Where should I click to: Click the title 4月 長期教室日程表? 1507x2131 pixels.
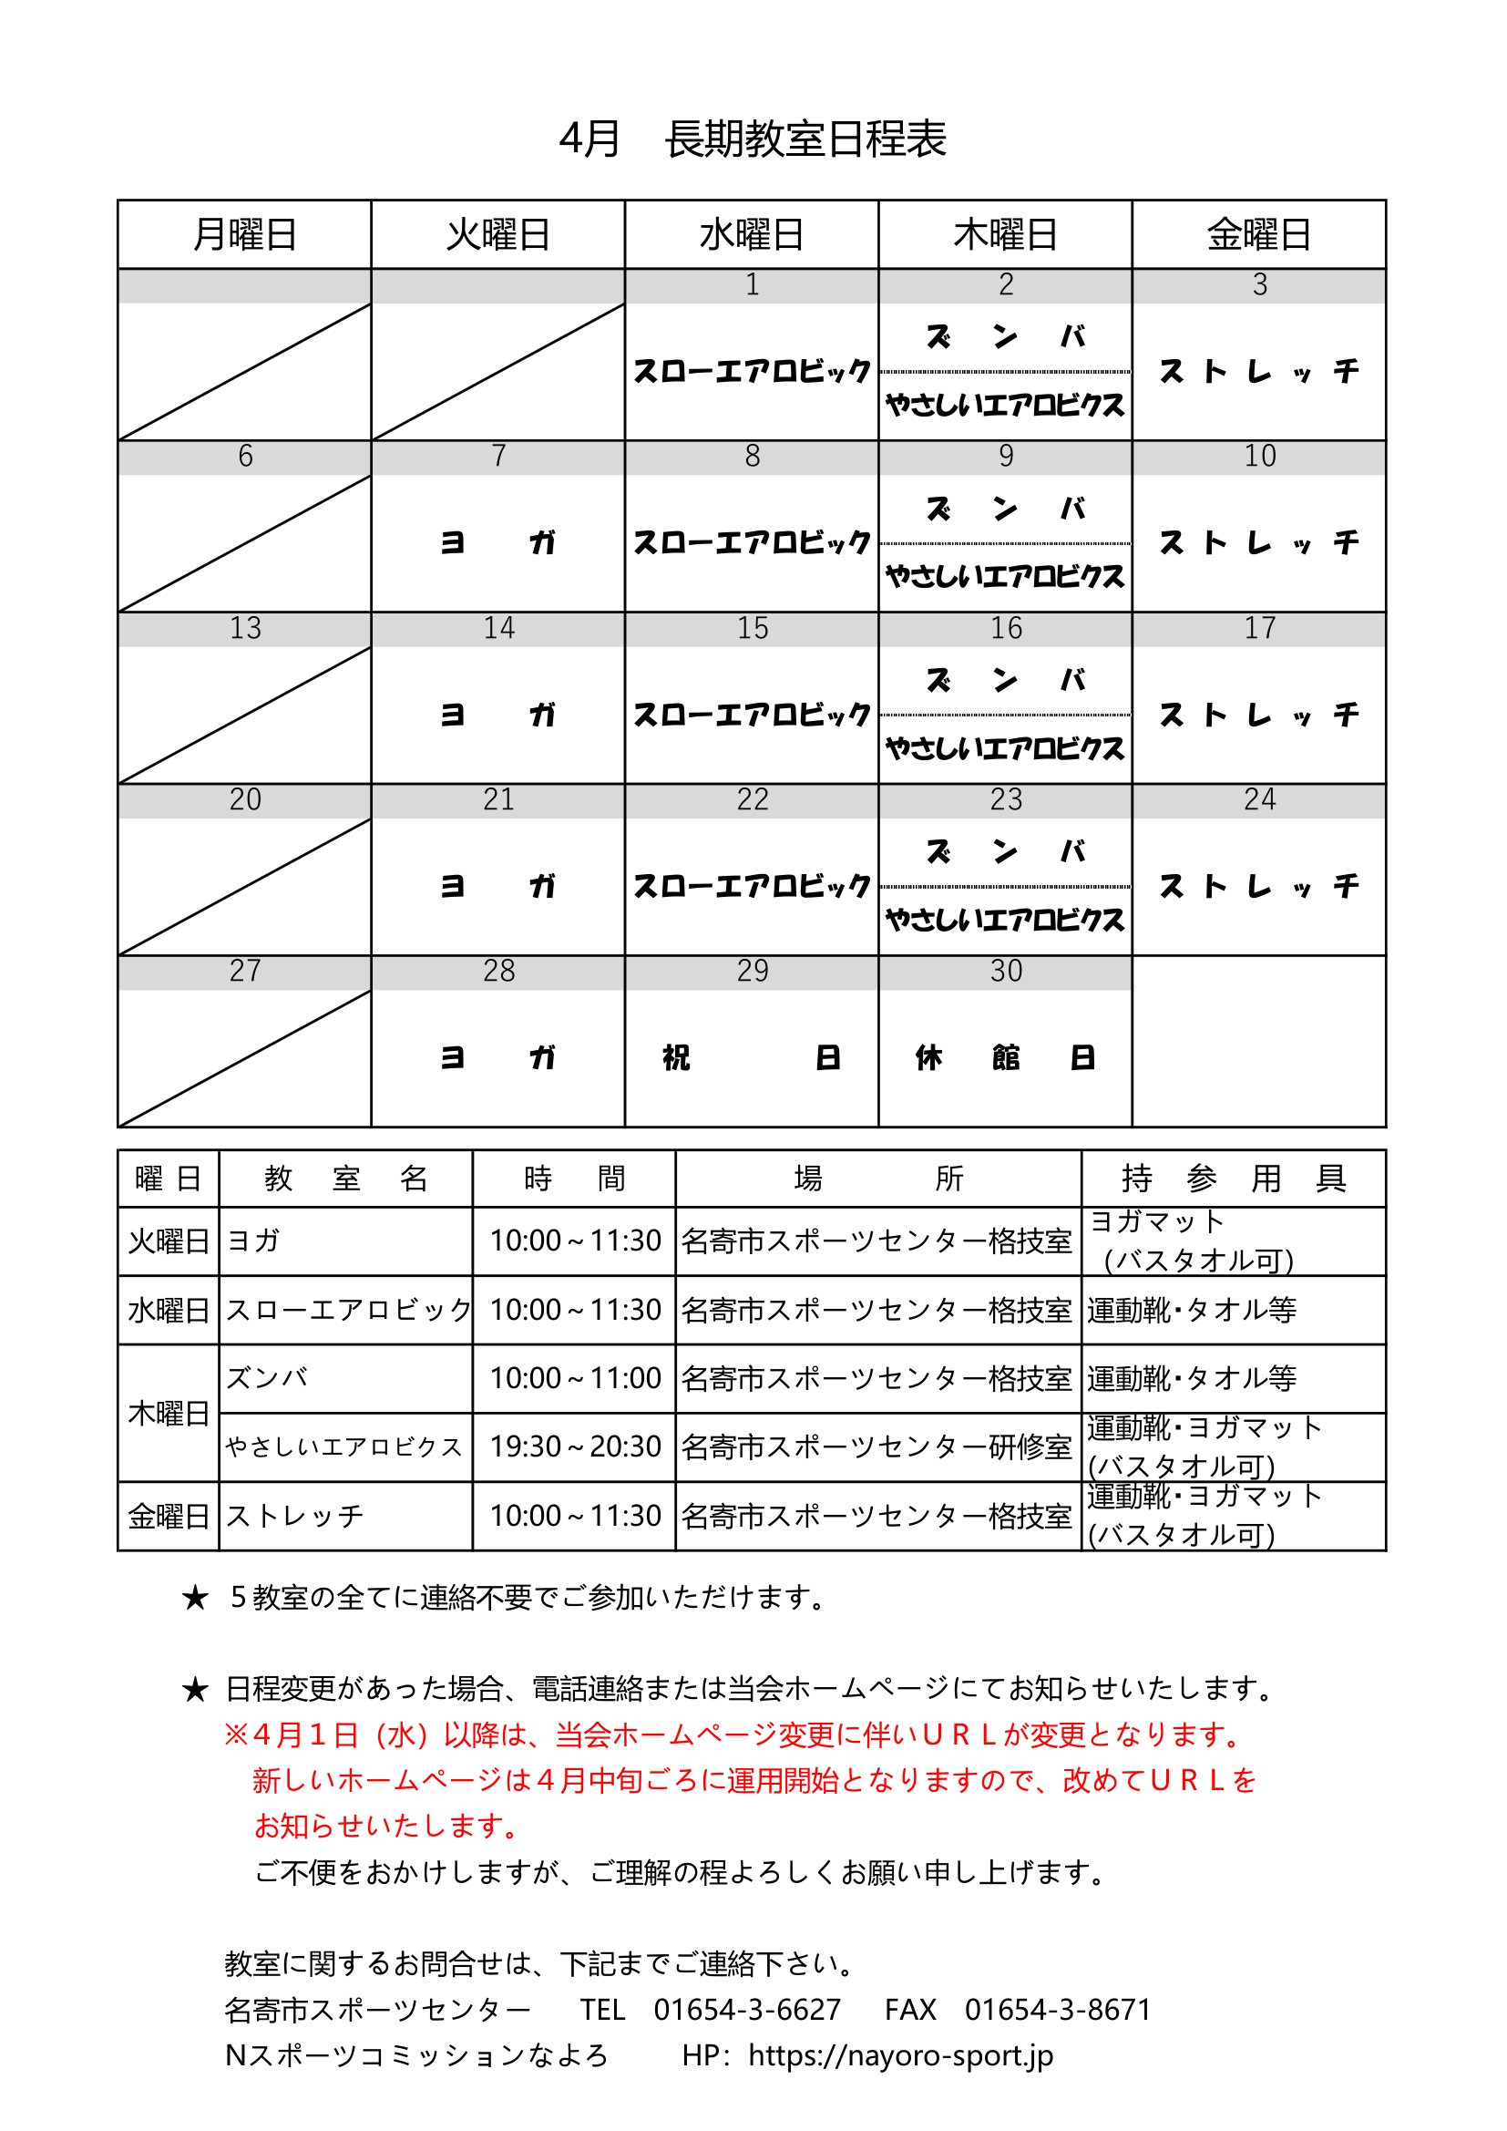tap(753, 139)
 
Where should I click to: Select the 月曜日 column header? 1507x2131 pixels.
tap(244, 235)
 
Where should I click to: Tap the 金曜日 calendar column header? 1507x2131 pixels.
tap(1258, 235)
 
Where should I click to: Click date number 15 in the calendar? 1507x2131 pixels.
tap(752, 628)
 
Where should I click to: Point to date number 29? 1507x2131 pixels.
tap(752, 971)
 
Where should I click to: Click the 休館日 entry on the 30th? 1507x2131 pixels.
tap(1005, 1057)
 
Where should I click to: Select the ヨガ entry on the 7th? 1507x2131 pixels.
tap(497, 542)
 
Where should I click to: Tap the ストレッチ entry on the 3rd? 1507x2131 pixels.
tap(1258, 371)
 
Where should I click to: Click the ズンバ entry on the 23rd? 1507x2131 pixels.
tap(1005, 851)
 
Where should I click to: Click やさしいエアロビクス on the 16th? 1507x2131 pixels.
tap(1005, 748)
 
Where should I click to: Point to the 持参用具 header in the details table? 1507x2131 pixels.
tap(1234, 1179)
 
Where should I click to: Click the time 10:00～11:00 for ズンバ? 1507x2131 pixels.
tap(574, 1378)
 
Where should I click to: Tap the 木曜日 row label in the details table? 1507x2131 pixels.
tap(168, 1413)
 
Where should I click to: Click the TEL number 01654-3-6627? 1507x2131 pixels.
tap(747, 2010)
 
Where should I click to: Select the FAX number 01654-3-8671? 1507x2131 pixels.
tap(1057, 2010)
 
